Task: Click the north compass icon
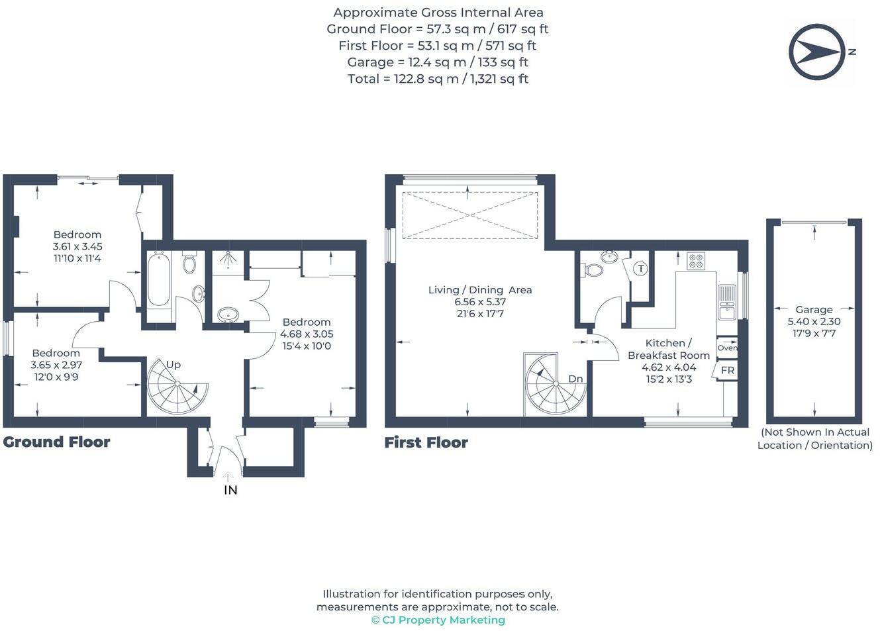pos(816,52)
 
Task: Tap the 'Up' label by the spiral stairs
pos(173,364)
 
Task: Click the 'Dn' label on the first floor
pos(575,379)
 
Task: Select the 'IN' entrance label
pos(230,490)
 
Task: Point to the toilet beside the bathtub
pos(189,263)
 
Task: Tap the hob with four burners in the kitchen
pos(696,260)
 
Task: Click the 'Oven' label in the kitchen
pos(726,348)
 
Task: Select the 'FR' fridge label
pos(727,370)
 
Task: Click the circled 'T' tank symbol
pos(640,268)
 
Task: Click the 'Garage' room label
pos(814,309)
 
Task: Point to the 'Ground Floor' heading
pos(56,442)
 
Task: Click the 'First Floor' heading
pos(426,443)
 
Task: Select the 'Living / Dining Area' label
pos(480,289)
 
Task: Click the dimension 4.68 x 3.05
pos(307,334)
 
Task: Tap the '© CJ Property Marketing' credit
pos(438,620)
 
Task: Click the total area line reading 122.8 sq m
pos(438,79)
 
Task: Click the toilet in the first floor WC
pos(593,269)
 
